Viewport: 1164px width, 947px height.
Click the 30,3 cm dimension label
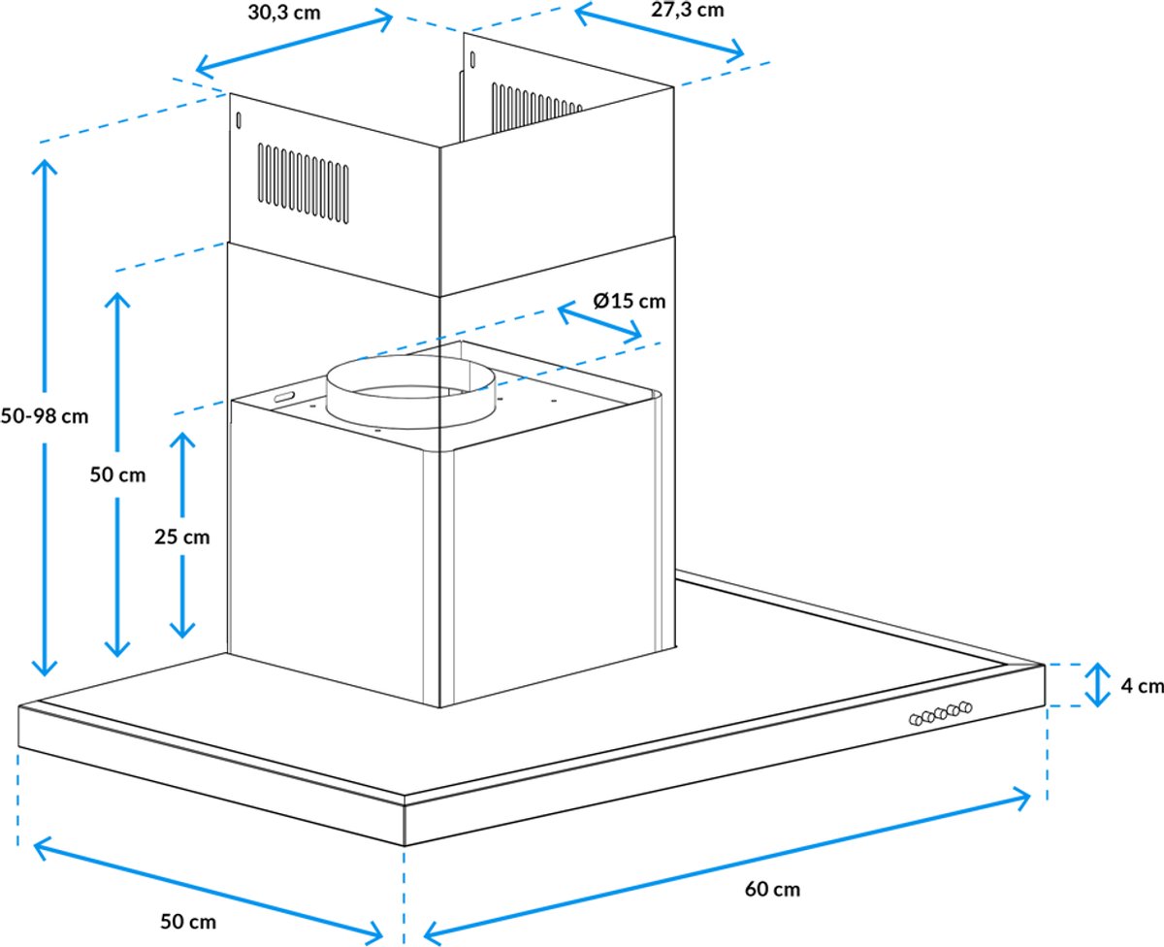[x=284, y=13]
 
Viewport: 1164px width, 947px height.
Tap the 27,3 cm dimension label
[x=688, y=10]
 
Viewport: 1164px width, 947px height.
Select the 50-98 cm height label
[x=45, y=417]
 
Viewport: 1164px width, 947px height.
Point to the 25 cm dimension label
[x=182, y=538]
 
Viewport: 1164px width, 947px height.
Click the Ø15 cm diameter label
[x=630, y=301]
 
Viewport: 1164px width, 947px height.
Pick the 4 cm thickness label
[x=1142, y=686]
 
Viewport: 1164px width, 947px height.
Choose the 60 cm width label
[x=772, y=889]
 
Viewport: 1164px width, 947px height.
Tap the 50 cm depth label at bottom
[x=188, y=922]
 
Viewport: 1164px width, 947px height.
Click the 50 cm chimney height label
[x=118, y=474]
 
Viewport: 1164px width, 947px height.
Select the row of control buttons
[x=941, y=713]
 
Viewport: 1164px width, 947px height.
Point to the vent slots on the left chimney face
[x=304, y=183]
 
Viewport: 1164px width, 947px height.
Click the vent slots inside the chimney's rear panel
[x=535, y=109]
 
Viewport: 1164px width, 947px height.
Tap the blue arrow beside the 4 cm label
[x=1097, y=685]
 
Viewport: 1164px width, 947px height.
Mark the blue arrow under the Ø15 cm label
[x=598, y=322]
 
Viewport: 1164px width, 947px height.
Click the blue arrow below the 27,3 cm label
[x=659, y=29]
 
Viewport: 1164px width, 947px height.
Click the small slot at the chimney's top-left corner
[x=239, y=120]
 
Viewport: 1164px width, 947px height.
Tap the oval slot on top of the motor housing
[x=283, y=396]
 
